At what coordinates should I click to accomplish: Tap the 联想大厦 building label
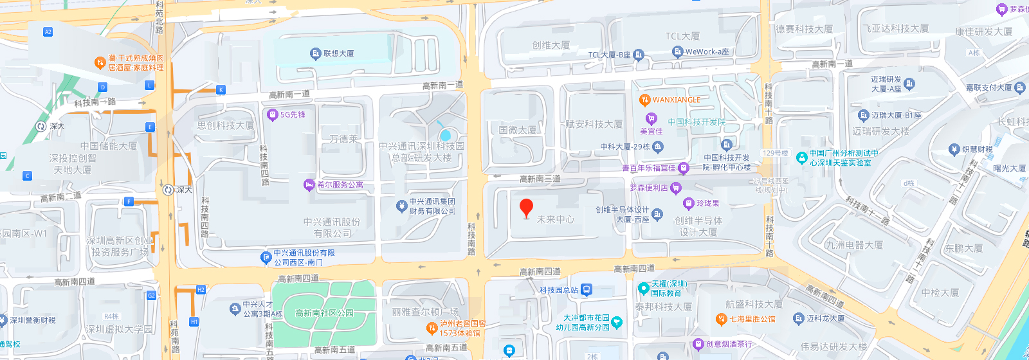pos(338,53)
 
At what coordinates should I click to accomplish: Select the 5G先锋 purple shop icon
pos(272,115)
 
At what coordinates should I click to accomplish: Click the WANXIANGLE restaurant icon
pos(644,100)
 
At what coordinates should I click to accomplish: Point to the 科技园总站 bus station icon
pos(586,290)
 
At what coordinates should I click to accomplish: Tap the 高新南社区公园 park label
pos(324,313)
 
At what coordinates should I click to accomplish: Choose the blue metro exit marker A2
pos(48,32)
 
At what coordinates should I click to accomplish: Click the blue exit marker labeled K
pos(221,90)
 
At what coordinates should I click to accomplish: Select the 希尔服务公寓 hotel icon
pos(309,185)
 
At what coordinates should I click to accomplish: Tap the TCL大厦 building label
pos(682,37)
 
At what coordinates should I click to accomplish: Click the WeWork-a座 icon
pos(677,52)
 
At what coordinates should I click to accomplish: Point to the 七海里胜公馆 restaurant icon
pos(721,319)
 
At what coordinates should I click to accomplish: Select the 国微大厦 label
pos(517,130)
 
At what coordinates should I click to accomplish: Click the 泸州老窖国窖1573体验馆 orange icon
pos(432,328)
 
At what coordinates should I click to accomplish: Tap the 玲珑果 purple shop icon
pos(688,204)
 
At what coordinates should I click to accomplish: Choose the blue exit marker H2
pos(201,290)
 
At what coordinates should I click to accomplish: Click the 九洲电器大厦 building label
pos(854,245)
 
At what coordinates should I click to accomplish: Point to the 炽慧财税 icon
pos(954,150)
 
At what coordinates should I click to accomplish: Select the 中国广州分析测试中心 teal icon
pos(801,157)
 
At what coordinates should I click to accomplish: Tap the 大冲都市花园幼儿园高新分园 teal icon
pos(617,322)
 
